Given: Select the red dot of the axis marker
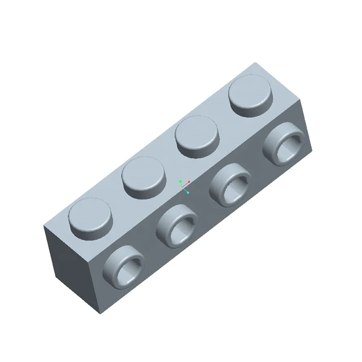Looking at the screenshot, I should pos(189,182).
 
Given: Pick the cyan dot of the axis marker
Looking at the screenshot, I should pos(188,192).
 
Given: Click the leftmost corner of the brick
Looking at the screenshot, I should pos(44,226).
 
